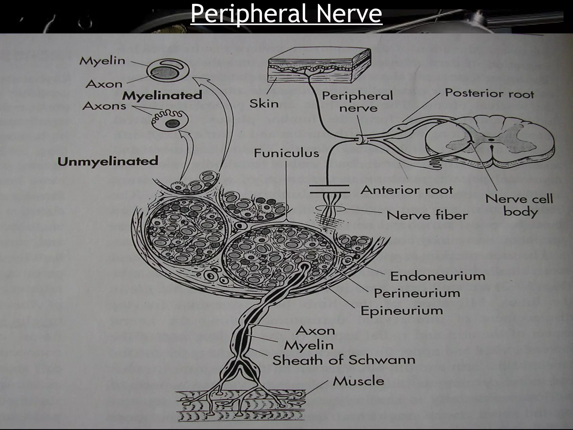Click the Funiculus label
pyautogui.click(x=286, y=153)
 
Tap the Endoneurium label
pyautogui.click(x=437, y=276)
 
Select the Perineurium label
pyautogui.click(x=417, y=293)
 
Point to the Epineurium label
pyautogui.click(x=401, y=311)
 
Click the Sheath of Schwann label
pyautogui.click(x=344, y=360)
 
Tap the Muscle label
pyautogui.click(x=358, y=381)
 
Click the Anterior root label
pyautogui.click(x=406, y=190)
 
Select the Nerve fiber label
pyautogui.click(x=427, y=216)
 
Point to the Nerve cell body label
pyautogui.click(x=519, y=205)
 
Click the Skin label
pyautogui.click(x=264, y=104)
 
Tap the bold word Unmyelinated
pyautogui.click(x=108, y=162)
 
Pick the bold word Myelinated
pyautogui.click(x=162, y=95)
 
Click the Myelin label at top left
pyautogui.click(x=102, y=61)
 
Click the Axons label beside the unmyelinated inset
pyautogui.click(x=104, y=106)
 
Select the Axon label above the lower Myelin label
pyautogui.click(x=315, y=331)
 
